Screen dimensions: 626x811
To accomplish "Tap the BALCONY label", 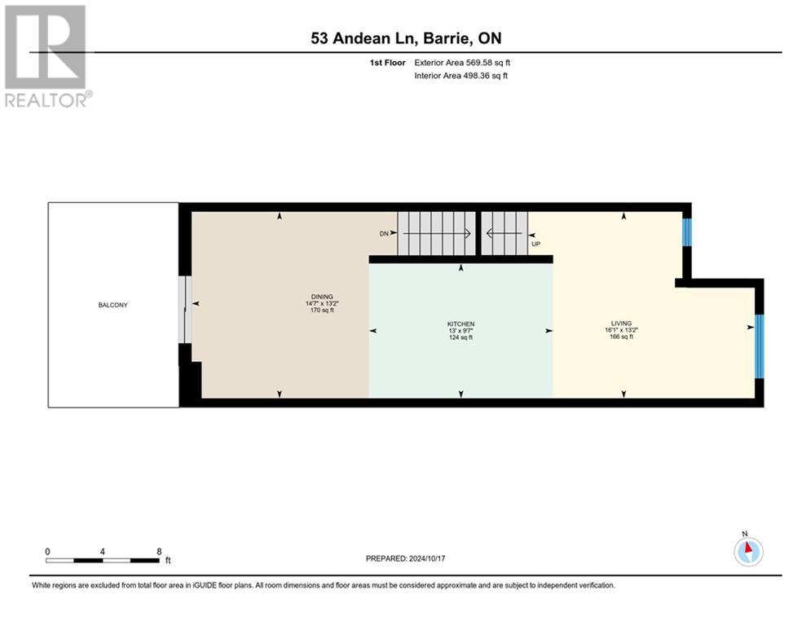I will (x=113, y=305).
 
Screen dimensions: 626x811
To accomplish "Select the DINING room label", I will (x=323, y=297).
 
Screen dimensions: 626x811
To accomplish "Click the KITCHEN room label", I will (x=461, y=324).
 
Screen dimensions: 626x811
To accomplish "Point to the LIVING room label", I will (x=624, y=323).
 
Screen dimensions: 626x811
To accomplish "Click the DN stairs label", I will (x=385, y=233).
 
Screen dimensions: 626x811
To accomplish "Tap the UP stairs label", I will (x=536, y=243).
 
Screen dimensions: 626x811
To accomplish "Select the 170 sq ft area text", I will (x=323, y=311).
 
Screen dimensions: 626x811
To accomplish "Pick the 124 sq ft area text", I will (x=461, y=337).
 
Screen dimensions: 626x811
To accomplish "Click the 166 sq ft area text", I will (x=624, y=337).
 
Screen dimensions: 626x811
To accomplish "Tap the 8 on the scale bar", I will (x=159, y=551).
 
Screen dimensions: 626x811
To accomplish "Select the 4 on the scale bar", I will (x=103, y=551).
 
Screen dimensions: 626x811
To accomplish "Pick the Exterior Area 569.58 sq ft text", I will (x=462, y=63).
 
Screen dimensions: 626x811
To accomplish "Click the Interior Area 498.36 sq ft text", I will (x=462, y=76).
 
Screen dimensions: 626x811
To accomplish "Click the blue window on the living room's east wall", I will (x=758, y=346).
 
